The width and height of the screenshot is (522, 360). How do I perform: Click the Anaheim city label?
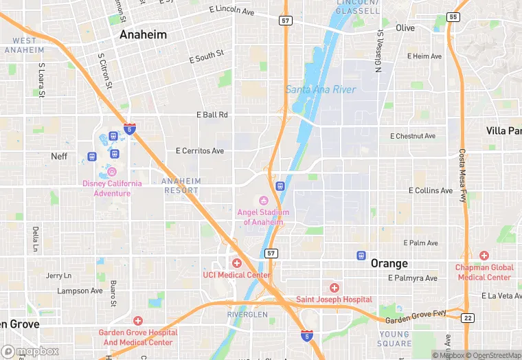point(142,34)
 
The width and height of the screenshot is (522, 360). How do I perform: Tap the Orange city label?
point(389,263)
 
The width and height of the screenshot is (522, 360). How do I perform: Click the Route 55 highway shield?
point(452,16)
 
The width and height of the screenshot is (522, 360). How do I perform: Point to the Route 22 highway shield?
point(467,317)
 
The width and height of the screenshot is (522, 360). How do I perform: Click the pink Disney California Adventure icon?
point(112,171)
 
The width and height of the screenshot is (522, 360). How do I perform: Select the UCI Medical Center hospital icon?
point(237,263)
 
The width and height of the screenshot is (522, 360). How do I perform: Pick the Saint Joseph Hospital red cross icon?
point(334,288)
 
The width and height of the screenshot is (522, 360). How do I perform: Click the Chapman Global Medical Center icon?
point(484,256)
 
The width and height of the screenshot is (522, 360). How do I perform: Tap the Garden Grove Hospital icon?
point(137,321)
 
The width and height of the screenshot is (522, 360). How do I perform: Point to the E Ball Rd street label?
point(212,115)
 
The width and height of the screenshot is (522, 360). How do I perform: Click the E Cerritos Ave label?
point(200,150)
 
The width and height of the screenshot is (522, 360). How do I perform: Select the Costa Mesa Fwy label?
point(462,175)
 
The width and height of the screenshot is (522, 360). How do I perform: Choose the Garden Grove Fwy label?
point(416,315)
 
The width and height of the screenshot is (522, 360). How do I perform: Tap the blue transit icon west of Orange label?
point(361,256)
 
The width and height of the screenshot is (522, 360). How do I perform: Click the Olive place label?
point(405,28)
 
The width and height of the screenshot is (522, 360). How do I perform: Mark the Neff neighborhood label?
point(60,156)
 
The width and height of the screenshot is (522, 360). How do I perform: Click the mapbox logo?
point(30,351)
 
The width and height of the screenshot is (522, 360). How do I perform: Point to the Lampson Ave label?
point(79,291)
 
